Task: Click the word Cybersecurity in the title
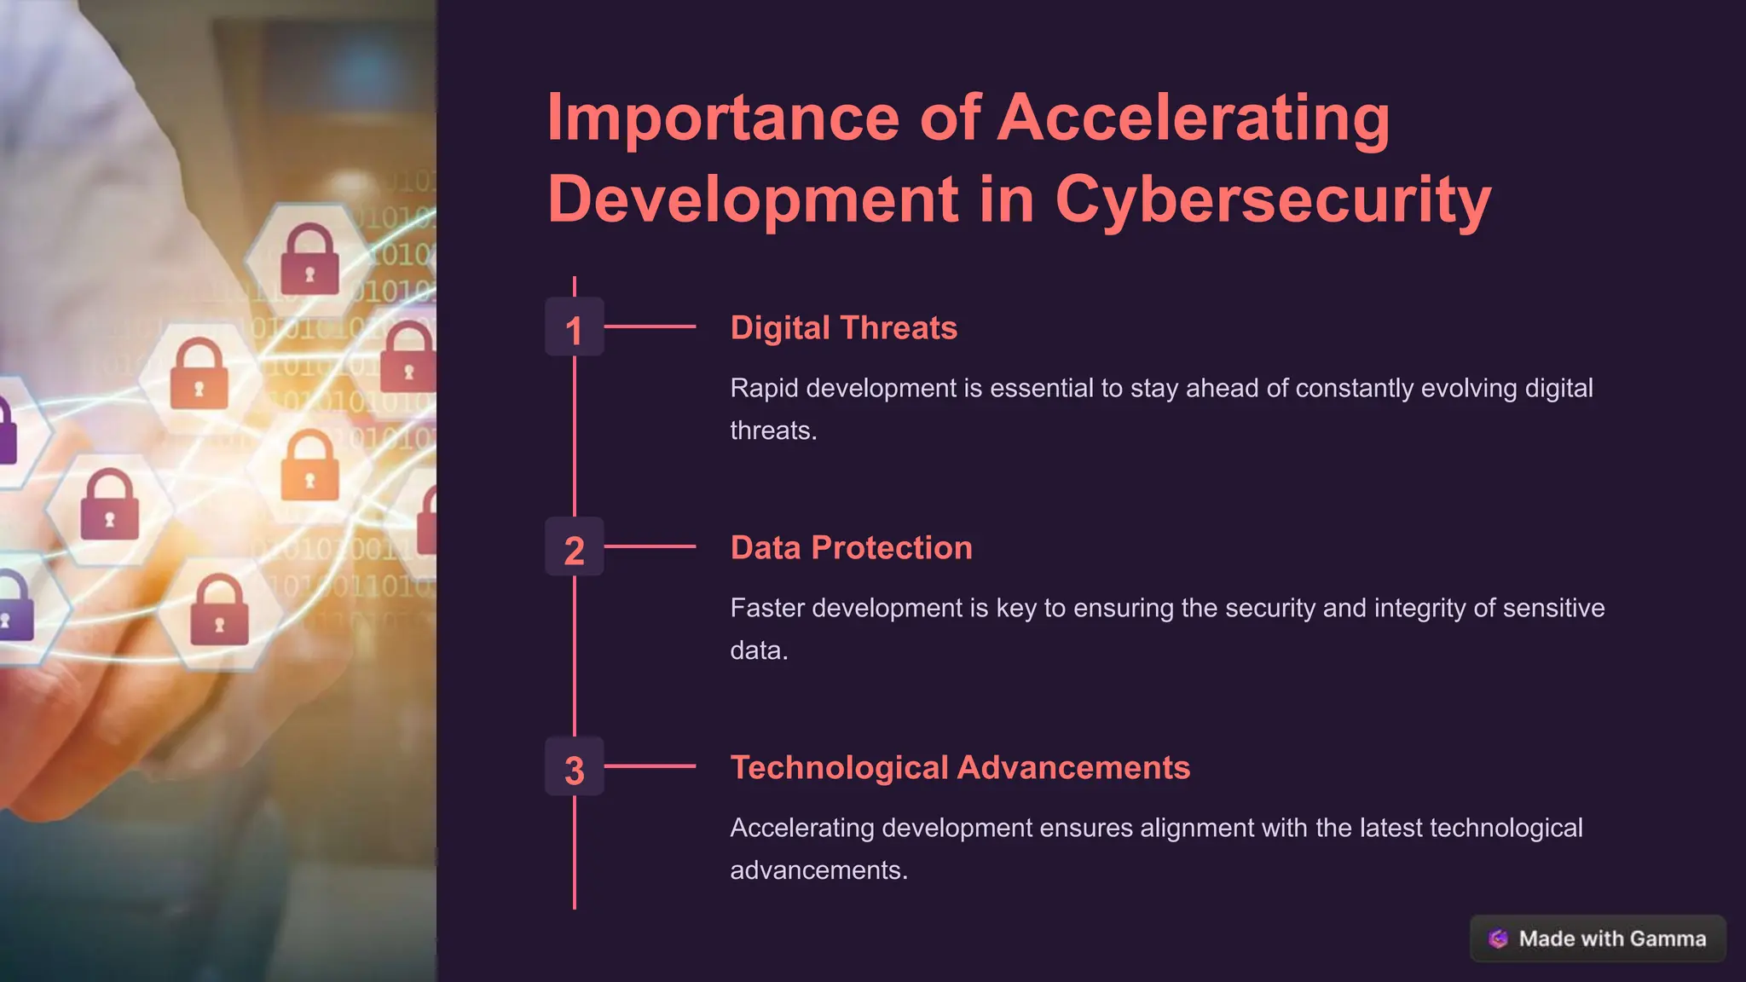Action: (x=1274, y=199)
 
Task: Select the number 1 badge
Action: (x=574, y=327)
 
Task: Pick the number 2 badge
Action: (x=574, y=547)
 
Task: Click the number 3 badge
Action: (x=574, y=767)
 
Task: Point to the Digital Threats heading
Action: (x=843, y=328)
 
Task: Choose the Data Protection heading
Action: (x=851, y=548)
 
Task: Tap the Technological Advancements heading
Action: (x=960, y=768)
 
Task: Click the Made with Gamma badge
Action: (x=1598, y=939)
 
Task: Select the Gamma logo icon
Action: (x=1498, y=939)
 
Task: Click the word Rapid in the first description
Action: (x=764, y=389)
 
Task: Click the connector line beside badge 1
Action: (x=650, y=326)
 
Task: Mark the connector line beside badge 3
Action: (x=650, y=766)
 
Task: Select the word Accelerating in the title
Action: (x=1194, y=118)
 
